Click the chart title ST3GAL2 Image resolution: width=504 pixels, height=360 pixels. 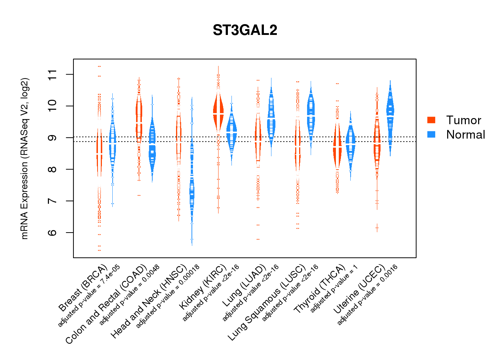[245, 30]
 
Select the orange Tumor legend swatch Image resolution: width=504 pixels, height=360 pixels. [431, 120]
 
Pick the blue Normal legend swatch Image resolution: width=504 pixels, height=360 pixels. [431, 134]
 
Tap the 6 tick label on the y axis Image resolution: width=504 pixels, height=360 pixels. [53, 233]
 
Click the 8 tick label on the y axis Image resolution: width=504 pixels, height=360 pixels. [53, 169]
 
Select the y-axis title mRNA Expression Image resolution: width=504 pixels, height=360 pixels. [24, 158]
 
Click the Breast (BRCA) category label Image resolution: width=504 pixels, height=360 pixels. [83, 288]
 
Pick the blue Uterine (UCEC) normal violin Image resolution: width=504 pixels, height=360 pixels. [390, 112]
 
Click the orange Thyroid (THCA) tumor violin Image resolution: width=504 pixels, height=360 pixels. [337, 148]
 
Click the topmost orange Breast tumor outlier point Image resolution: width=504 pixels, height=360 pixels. [99, 66]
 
